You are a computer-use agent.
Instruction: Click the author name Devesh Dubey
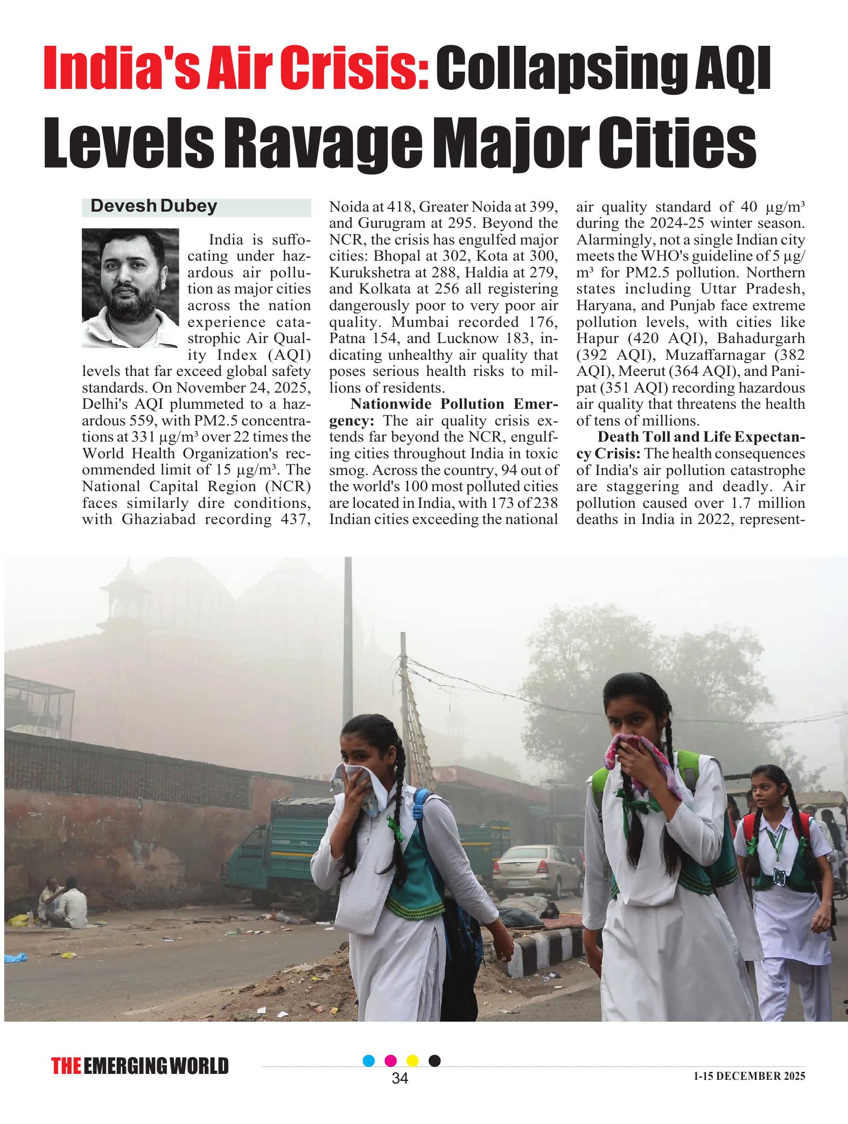[x=153, y=206]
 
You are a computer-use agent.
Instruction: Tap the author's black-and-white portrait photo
[x=130, y=288]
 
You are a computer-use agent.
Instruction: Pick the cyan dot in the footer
[x=369, y=1060]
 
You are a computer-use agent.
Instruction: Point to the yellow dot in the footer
[x=412, y=1060]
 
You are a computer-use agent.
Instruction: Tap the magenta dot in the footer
[x=391, y=1060]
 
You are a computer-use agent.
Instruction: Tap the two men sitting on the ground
[x=64, y=898]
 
